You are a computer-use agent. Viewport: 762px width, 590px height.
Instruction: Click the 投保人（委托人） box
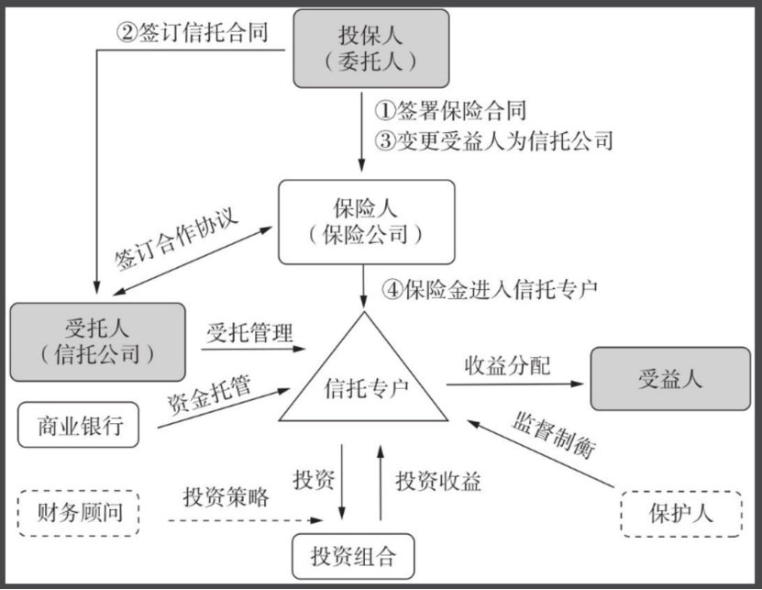coord(370,49)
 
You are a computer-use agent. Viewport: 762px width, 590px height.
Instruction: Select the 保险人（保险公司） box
coord(367,222)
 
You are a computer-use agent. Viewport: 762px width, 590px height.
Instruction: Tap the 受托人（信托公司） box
coord(98,342)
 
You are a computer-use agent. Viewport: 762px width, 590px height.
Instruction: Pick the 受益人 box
coord(670,379)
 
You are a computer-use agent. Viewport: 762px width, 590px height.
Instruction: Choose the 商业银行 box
coord(78,425)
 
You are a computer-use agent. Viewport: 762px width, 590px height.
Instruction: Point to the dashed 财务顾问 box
coord(78,513)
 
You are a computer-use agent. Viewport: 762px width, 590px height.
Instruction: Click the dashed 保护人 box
coord(681,514)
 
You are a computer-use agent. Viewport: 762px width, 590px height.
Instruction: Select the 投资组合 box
coord(353,556)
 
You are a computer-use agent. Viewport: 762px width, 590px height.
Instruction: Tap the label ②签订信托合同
coord(193,33)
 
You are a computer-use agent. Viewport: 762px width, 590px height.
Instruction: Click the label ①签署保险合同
coord(450,111)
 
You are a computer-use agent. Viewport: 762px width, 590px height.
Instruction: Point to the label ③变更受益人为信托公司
coord(493,140)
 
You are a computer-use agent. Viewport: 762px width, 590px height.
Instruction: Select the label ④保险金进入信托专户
coord(490,289)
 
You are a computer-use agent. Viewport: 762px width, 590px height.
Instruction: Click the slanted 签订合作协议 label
coord(176,239)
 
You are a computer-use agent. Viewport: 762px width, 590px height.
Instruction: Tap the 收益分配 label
coord(508,366)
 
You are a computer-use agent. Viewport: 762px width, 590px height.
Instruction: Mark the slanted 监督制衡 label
coord(554,435)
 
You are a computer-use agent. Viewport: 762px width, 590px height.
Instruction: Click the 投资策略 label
coord(226,497)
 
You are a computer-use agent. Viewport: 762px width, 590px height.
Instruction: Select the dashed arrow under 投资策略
coord(246,520)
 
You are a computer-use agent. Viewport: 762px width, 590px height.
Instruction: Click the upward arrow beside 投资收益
coord(381,482)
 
